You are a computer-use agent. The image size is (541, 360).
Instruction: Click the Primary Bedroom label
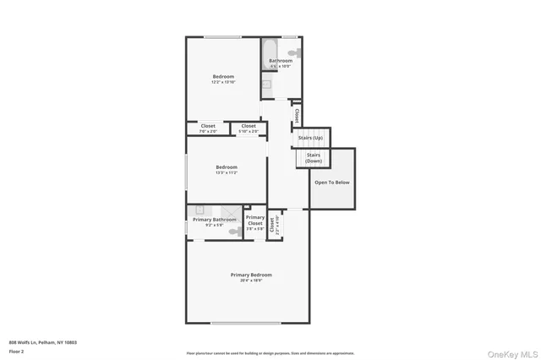coord(251,274)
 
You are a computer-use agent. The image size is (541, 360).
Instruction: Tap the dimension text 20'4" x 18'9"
coord(251,280)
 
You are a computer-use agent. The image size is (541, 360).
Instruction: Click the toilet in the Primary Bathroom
coord(234,231)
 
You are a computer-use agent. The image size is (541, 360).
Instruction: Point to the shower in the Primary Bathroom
coord(230,211)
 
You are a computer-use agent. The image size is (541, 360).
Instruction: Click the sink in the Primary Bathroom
coord(199,210)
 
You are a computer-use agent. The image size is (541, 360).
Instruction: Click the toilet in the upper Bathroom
coord(292,52)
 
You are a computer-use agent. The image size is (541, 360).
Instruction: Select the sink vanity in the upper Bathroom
coord(265,82)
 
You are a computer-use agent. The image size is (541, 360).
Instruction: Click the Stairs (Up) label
coord(311,137)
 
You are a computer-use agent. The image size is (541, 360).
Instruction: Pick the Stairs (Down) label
coord(313,158)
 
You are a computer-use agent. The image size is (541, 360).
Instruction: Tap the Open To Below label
coord(331,182)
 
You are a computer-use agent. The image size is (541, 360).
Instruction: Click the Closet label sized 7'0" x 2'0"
coord(208,126)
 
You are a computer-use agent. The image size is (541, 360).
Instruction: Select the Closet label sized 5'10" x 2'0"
coord(249,126)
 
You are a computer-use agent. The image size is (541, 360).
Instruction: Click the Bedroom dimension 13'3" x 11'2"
coord(226,172)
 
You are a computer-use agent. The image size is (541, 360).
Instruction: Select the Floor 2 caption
coord(17,351)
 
